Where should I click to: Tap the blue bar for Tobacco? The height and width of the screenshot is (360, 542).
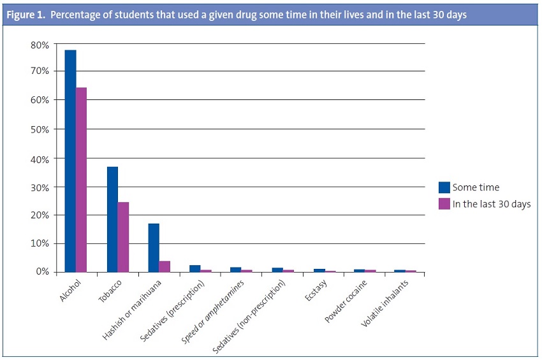tap(112, 219)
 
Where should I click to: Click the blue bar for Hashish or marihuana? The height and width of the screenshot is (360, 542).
tap(154, 248)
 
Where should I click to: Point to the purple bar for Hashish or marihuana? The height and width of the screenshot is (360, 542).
tap(165, 266)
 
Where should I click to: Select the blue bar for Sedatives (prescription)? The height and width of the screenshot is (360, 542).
tap(195, 268)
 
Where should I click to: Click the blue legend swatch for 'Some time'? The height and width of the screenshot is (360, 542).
tap(444, 187)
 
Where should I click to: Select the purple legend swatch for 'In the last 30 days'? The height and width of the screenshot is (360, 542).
tap(444, 204)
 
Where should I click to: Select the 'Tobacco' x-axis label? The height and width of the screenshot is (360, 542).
tap(111, 291)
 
